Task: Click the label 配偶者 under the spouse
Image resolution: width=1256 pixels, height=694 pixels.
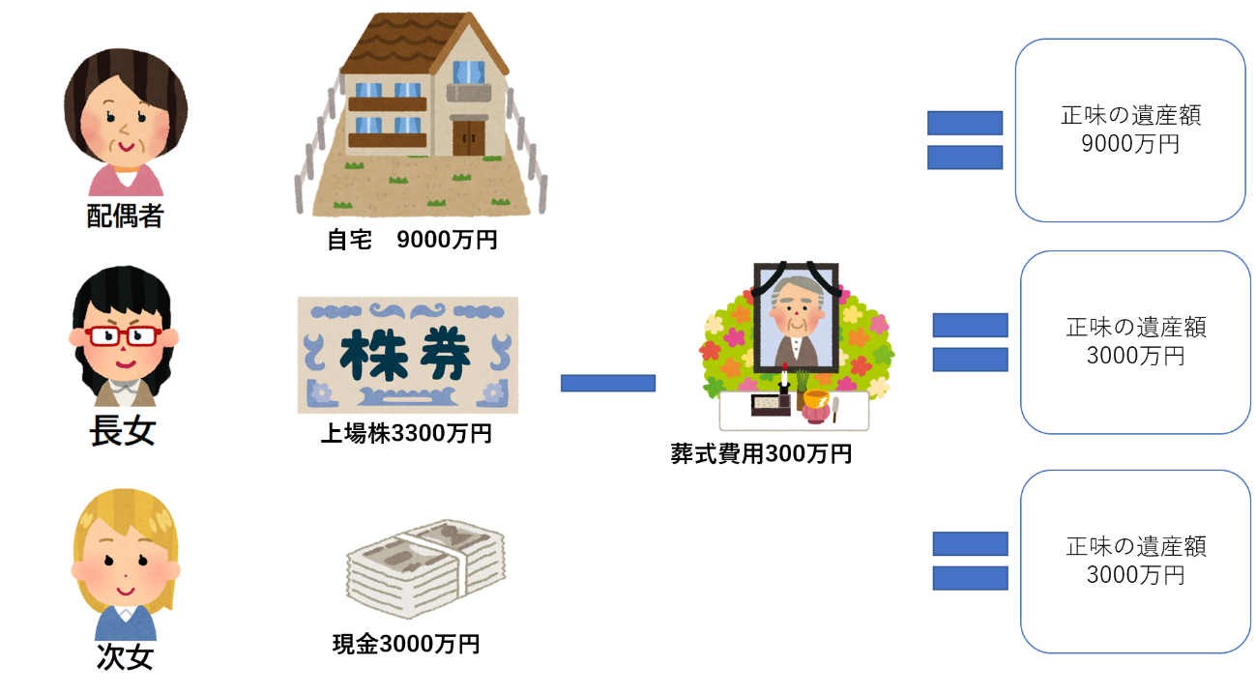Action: (x=125, y=216)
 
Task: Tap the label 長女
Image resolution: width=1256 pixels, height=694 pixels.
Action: (x=122, y=430)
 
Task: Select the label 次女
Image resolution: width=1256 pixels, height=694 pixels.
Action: (x=125, y=657)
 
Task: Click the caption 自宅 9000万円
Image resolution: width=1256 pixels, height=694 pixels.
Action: (x=412, y=240)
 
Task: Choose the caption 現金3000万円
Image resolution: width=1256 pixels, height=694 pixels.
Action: (x=406, y=644)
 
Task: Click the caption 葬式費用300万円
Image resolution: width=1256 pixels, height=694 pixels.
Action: (x=761, y=453)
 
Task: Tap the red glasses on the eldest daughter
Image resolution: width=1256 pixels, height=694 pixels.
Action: (x=123, y=335)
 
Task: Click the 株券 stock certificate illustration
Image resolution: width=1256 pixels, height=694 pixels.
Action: (x=407, y=355)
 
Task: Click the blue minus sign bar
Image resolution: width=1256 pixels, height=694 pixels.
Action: (x=608, y=383)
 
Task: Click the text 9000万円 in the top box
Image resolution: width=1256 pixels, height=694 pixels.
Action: (x=1129, y=145)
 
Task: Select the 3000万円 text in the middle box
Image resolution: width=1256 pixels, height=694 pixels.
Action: (x=1135, y=356)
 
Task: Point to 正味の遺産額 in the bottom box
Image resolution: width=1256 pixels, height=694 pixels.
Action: (x=1135, y=546)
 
